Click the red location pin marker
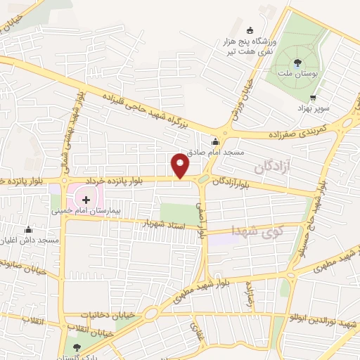tap(181, 166)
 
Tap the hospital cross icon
tap(86, 199)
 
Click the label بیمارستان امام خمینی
tap(86, 210)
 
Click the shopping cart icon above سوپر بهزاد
tap(313, 98)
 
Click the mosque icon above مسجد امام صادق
tap(214, 141)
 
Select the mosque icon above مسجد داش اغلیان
tap(28, 229)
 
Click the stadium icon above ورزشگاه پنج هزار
tap(250, 30)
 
